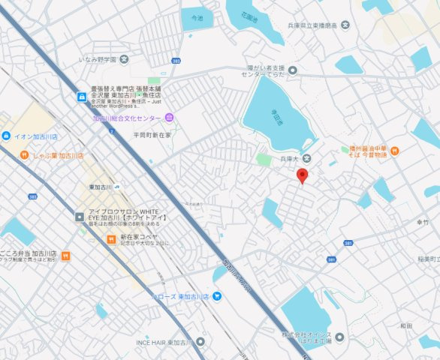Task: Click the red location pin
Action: pos(303,175)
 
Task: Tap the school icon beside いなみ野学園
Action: pos(124,58)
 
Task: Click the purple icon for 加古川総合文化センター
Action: pos(170,118)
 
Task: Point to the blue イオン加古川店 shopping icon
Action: pos(6,136)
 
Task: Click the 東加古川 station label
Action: pos(100,187)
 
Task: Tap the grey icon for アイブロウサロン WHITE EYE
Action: pos(80,217)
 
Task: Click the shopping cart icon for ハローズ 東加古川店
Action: pos(217,296)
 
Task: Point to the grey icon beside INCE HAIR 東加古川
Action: pos(199,342)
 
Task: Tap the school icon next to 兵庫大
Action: pos(307,158)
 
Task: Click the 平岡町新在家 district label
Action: pos(152,135)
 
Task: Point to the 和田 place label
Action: pos(406,325)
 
